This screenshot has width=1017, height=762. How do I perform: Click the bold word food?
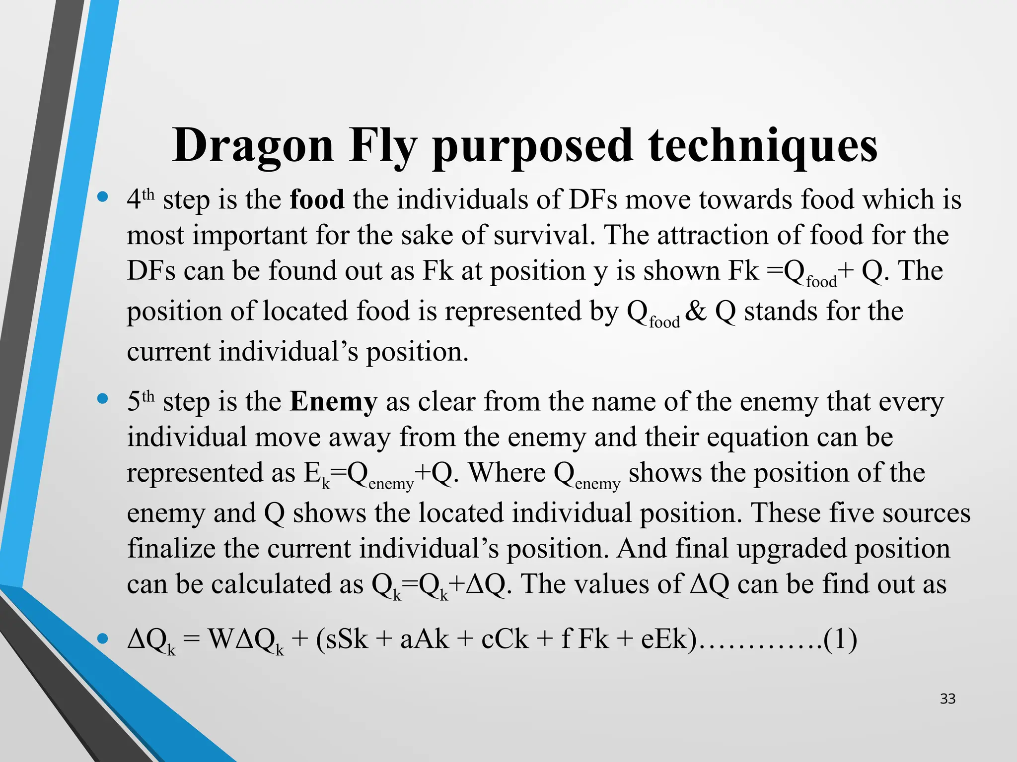[317, 199]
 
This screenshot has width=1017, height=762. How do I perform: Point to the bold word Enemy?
[334, 401]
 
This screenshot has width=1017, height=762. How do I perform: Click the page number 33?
[947, 699]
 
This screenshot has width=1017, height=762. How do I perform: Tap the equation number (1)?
[840, 638]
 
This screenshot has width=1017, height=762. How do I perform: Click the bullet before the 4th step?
[103, 197]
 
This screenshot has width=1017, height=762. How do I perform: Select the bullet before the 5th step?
[103, 399]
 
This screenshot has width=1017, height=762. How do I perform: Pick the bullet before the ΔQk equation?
[103, 638]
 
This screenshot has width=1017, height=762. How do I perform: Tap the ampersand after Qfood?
[696, 312]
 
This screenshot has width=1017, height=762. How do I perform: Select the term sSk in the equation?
[342, 638]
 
